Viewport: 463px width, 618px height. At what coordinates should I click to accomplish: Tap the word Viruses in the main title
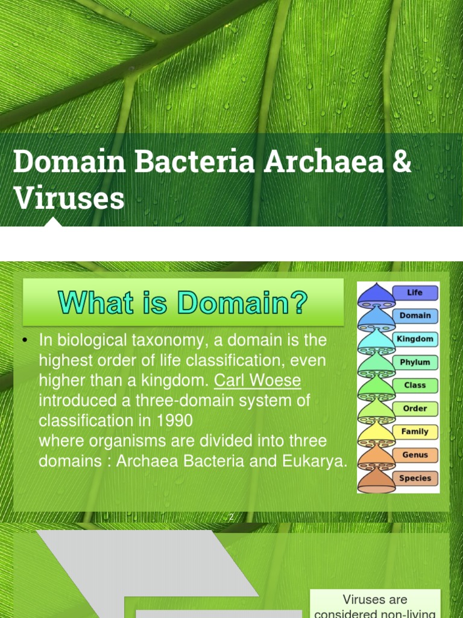69,199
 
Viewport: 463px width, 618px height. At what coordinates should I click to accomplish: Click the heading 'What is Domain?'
183,302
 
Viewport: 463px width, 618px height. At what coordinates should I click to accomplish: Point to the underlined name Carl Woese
257,381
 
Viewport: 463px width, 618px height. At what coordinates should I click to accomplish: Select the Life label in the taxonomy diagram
415,293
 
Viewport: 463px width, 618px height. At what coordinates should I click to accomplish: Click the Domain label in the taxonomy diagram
415,316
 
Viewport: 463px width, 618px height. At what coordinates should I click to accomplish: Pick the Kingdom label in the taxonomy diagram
415,339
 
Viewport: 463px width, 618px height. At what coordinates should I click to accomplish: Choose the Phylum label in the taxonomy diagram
415,362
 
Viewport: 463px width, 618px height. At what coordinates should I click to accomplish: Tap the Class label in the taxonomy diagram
415,385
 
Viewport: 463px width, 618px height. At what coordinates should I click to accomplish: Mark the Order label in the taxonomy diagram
415,409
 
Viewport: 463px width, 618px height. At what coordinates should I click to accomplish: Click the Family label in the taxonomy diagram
415,432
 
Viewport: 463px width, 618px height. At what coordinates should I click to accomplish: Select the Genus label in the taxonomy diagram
415,455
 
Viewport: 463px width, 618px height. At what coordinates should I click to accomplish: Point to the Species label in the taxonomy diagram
415,478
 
